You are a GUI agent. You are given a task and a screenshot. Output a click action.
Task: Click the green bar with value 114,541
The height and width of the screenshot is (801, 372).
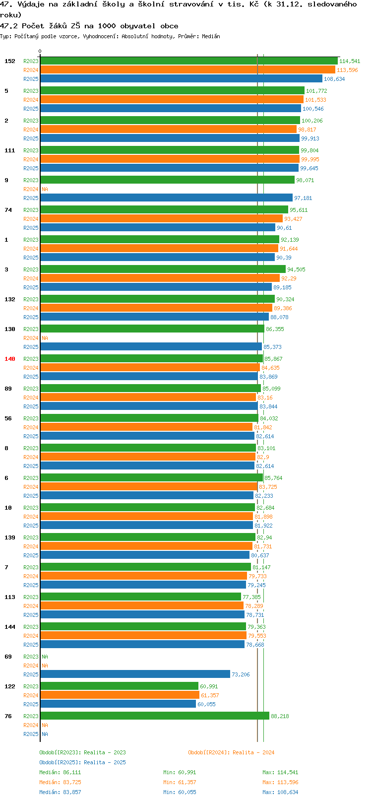click(x=189, y=61)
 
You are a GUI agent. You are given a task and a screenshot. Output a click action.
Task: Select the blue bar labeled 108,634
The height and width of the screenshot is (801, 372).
click(x=181, y=79)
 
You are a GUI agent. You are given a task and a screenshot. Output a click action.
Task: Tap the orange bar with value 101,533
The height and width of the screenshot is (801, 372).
click(x=172, y=99)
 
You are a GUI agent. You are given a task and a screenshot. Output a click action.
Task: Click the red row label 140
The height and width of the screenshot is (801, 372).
click(x=9, y=359)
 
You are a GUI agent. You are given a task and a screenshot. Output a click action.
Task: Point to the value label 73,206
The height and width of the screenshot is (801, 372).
click(x=241, y=674)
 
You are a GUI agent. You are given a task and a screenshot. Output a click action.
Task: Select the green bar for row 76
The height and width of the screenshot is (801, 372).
click(x=155, y=716)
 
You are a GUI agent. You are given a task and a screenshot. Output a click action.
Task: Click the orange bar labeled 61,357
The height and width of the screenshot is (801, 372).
click(x=120, y=695)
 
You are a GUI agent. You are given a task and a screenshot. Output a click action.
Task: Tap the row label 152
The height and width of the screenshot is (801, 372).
click(x=9, y=61)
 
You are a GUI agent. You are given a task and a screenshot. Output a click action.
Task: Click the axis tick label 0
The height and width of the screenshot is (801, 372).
click(x=40, y=51)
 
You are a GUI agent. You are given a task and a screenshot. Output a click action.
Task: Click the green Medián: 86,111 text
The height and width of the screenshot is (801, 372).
click(x=60, y=772)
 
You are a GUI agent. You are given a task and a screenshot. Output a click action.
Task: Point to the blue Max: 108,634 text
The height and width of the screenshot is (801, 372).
click(x=280, y=792)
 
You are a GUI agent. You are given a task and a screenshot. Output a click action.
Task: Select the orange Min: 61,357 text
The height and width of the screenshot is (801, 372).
click(x=180, y=783)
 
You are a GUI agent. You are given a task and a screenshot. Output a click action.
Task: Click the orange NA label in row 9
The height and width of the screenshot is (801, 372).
click(x=45, y=189)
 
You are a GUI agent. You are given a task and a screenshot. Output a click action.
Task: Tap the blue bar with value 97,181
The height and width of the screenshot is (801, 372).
click(x=167, y=198)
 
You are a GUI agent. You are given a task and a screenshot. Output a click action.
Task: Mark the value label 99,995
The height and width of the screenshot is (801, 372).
click(x=310, y=159)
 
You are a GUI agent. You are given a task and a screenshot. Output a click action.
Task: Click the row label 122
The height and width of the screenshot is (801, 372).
click(x=9, y=686)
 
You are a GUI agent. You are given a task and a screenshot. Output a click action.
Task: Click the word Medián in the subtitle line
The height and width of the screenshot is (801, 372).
click(x=211, y=36)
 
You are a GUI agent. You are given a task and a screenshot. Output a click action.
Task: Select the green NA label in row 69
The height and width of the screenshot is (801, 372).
click(x=45, y=657)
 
